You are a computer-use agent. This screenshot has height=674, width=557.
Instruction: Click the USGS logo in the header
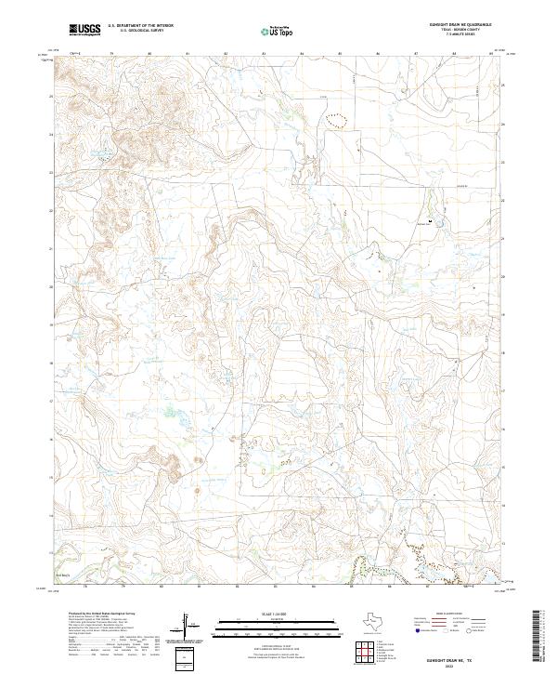click(84, 30)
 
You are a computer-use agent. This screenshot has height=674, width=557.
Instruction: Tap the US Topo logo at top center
click(279, 31)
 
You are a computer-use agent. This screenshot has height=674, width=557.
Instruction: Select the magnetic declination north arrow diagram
click(188, 626)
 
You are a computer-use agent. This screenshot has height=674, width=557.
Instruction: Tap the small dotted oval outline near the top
click(334, 119)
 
